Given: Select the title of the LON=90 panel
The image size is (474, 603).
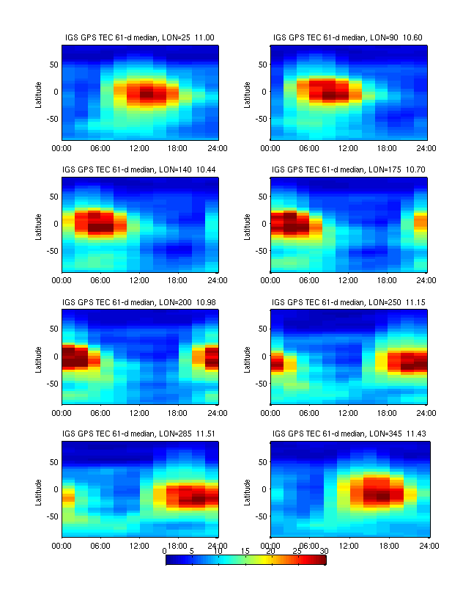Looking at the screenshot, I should (348, 37).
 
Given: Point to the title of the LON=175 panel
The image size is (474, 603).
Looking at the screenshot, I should (348, 169).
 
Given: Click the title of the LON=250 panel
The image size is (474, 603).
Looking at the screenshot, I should (348, 301).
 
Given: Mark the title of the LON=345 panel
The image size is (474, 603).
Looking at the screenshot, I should (348, 434).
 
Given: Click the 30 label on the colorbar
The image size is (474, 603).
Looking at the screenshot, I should (323, 550).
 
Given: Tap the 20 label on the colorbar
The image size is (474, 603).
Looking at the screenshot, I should (270, 550).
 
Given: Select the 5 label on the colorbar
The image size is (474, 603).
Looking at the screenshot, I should (191, 550).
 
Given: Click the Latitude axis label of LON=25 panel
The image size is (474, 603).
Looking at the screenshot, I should (38, 92).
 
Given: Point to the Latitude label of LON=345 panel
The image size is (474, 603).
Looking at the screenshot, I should (247, 489).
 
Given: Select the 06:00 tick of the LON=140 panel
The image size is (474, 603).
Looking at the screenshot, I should (101, 280).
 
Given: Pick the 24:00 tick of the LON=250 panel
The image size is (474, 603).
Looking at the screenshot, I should (427, 412).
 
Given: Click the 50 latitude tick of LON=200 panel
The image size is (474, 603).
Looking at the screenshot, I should (53, 329).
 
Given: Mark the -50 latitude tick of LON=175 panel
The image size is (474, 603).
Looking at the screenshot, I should (261, 251).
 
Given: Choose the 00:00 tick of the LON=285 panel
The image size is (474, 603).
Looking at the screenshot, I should (62, 545).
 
